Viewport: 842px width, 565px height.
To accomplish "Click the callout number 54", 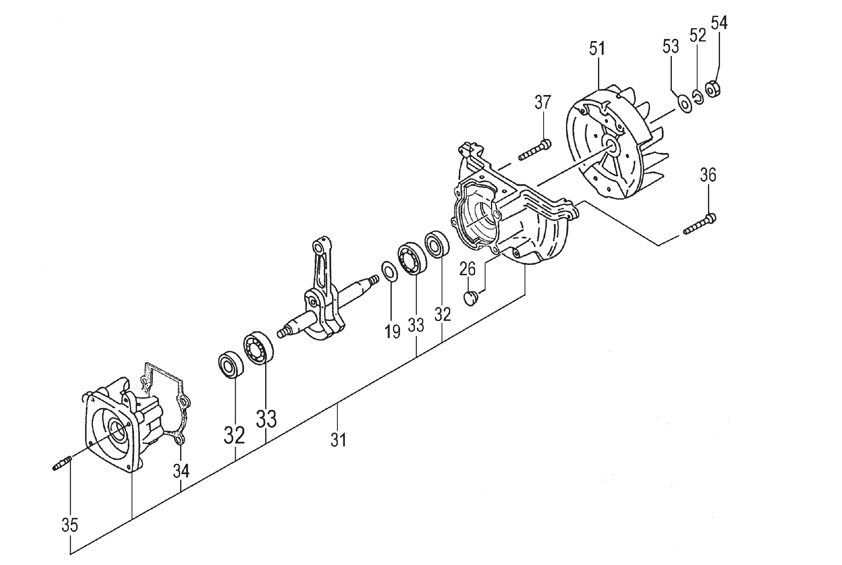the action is click(719, 23).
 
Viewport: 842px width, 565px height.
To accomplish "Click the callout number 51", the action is click(597, 49).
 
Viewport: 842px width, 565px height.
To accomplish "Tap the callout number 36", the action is click(708, 175).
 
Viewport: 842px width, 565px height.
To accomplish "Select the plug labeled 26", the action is click(470, 298).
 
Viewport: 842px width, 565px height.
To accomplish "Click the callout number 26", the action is click(467, 270).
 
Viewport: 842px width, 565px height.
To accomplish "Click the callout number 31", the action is click(338, 440).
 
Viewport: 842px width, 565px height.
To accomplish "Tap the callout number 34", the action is click(181, 471).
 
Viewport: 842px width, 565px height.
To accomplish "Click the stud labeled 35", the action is click(63, 463).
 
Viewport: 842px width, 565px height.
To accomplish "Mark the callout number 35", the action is click(70, 525).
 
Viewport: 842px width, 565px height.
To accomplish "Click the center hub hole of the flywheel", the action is click(611, 144).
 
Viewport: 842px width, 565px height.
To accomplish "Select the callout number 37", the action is click(543, 102).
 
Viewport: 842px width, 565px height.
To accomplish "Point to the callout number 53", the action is click(671, 46).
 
